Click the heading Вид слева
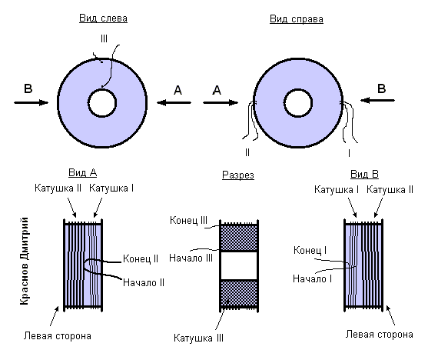tap(103, 18)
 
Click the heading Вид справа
tap(297, 19)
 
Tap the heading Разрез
tap(238, 175)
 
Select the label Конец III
tap(188, 220)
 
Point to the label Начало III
tap(191, 258)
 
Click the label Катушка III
tap(198, 338)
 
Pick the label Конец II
tap(141, 258)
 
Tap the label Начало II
tap(144, 282)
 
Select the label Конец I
tap(310, 250)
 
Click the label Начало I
tap(312, 278)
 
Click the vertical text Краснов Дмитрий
tap(25, 261)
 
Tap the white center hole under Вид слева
tap(102, 103)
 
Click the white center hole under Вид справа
tap(298, 103)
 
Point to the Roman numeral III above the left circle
tap(104, 38)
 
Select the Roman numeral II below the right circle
tap(247, 152)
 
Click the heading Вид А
tap(83, 173)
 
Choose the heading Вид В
tap(364, 175)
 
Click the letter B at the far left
tap(28, 88)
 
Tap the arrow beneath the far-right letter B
tap(377, 100)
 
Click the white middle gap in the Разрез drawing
tap(239, 265)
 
